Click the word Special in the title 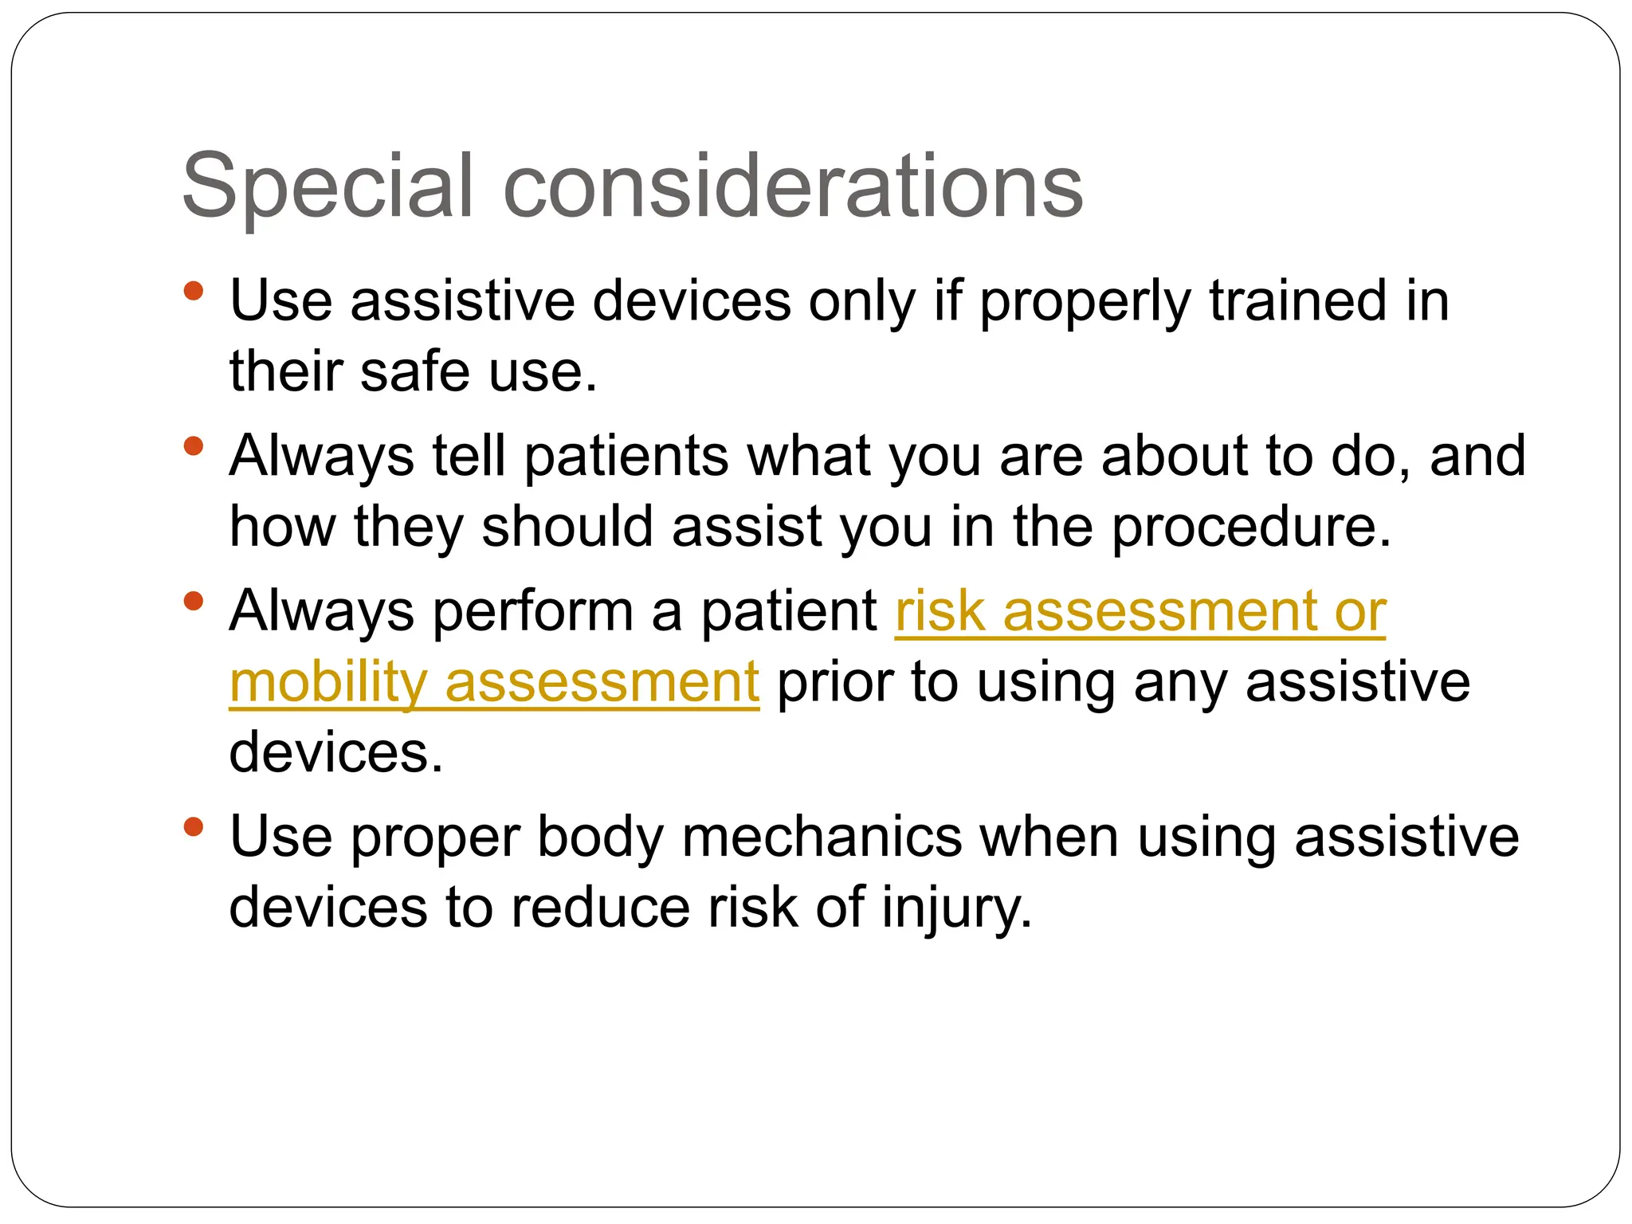pos(328,186)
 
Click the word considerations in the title pos(793,186)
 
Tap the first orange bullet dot pos(193,290)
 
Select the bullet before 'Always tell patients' pos(193,445)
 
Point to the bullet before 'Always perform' pos(193,600)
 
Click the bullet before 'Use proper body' pos(193,826)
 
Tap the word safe pos(414,372)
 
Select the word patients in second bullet pos(626,457)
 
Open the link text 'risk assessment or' pos(1140,612)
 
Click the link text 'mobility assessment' pos(494,683)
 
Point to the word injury pos(956,908)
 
